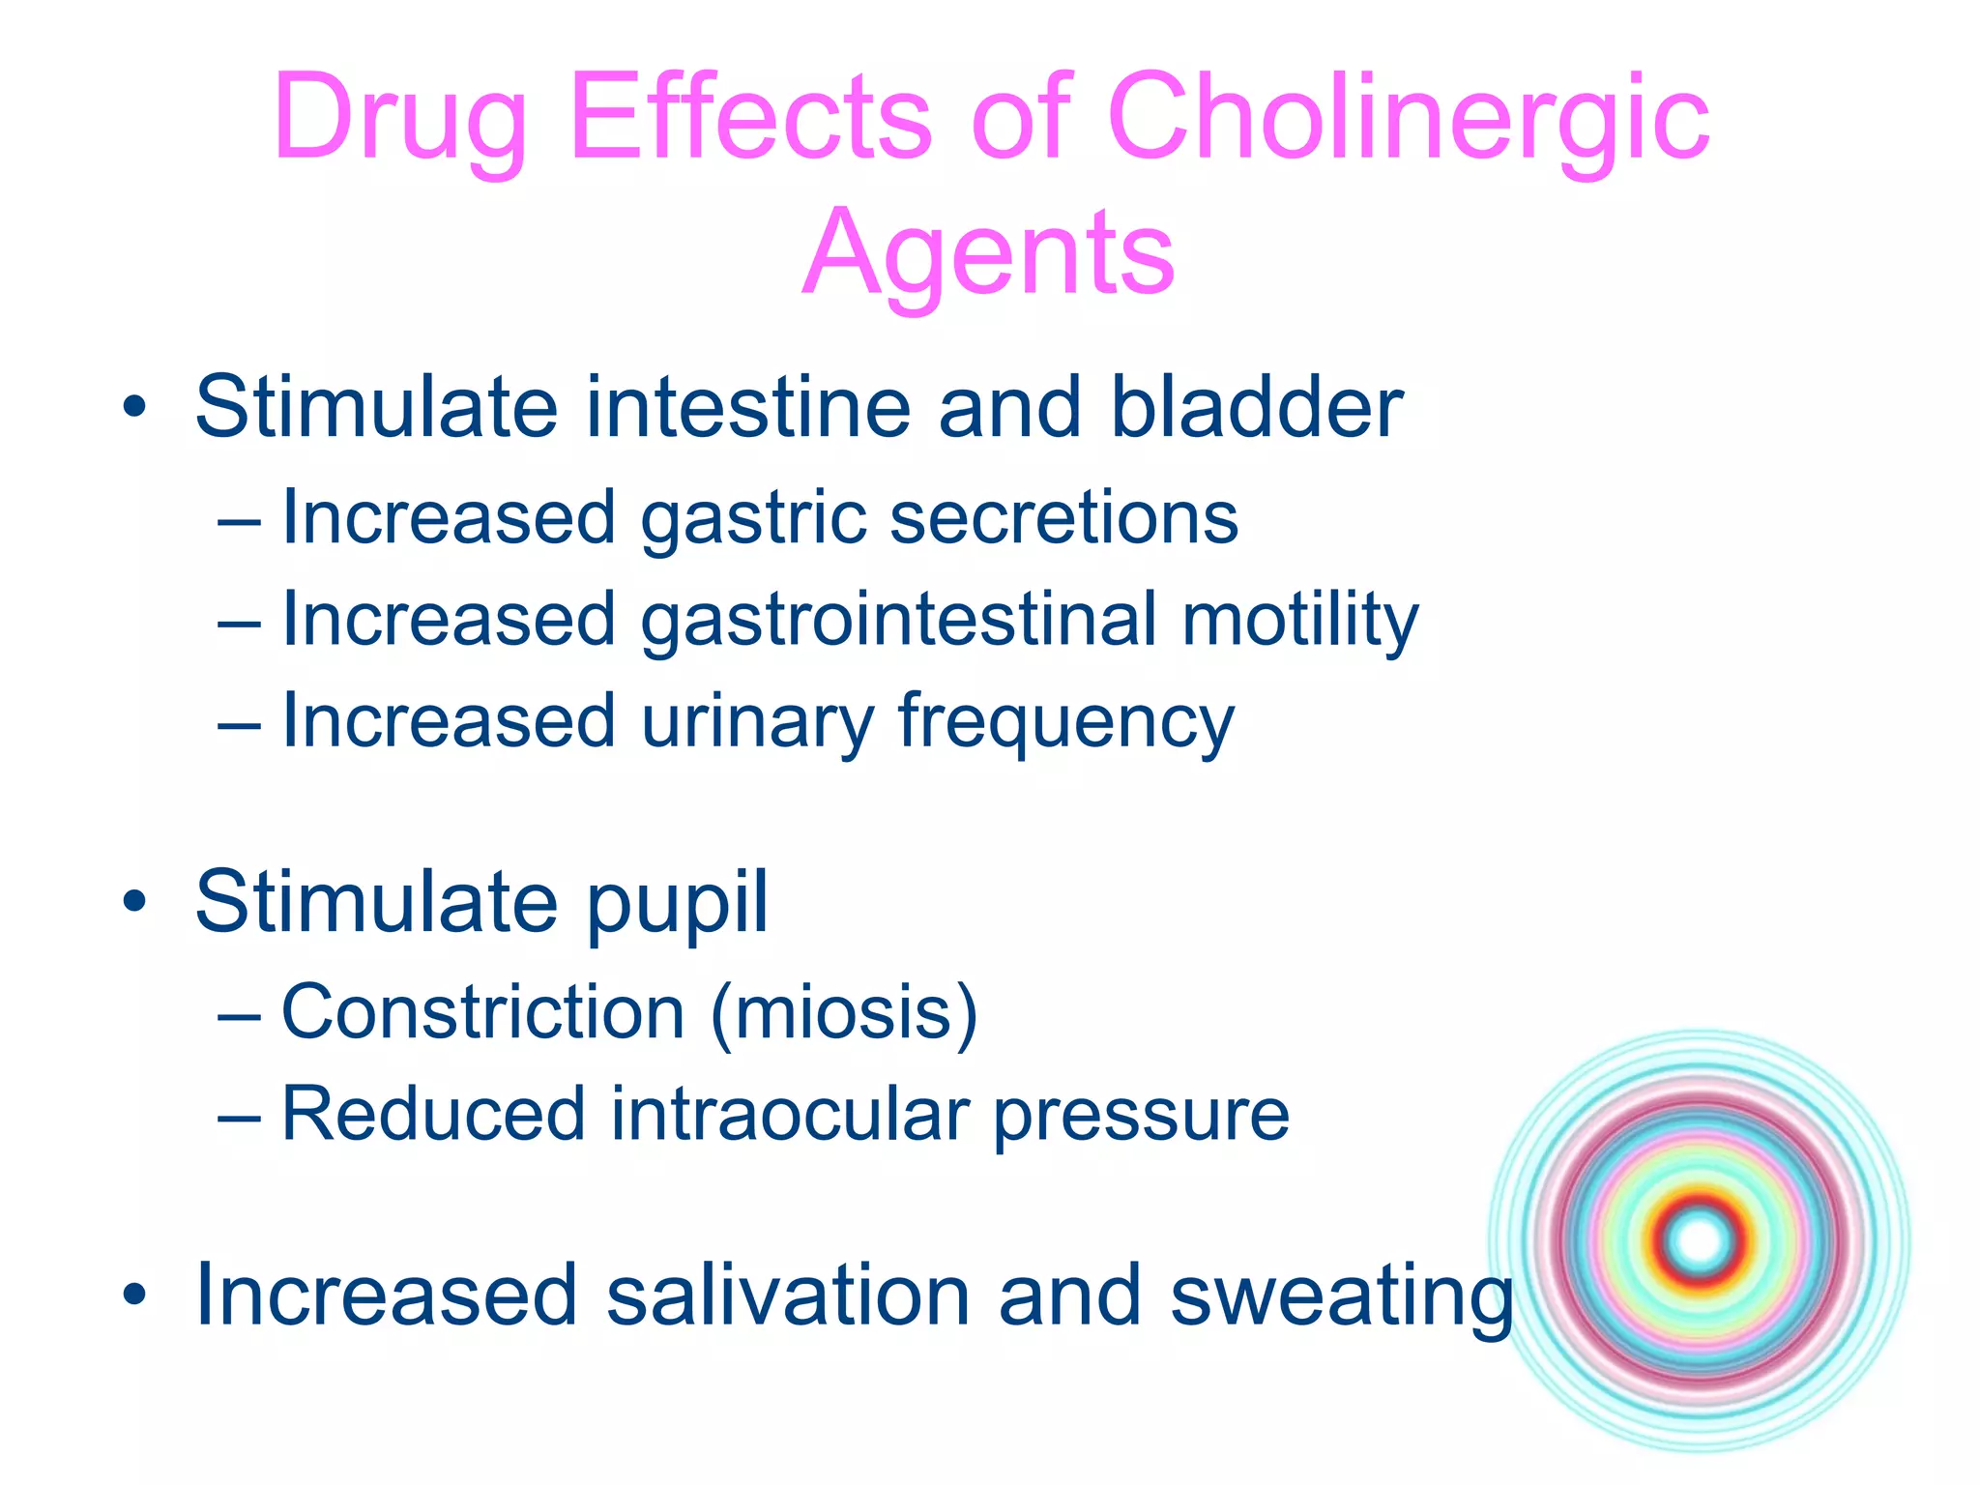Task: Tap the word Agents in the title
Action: pos(988,253)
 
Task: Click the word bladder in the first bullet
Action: pos(1256,407)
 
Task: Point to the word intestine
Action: pos(748,407)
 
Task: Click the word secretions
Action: pos(1063,517)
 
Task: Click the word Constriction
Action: pos(483,1012)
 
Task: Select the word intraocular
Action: pos(789,1115)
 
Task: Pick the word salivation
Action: pos(788,1296)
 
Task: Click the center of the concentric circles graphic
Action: pos(1700,1240)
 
